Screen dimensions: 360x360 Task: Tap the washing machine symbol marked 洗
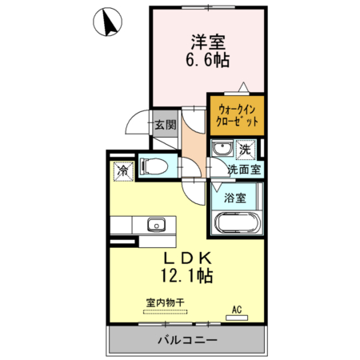pyautogui.click(x=246, y=149)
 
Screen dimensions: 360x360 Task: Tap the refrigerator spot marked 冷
pyautogui.click(x=124, y=170)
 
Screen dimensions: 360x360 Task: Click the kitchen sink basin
pyautogui.click(x=154, y=223)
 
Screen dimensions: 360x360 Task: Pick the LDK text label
pyautogui.click(x=189, y=258)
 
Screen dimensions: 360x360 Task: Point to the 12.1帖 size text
pyautogui.click(x=189, y=278)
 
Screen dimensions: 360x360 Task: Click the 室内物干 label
pyautogui.click(x=166, y=303)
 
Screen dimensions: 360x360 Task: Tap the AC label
pyautogui.click(x=238, y=309)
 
